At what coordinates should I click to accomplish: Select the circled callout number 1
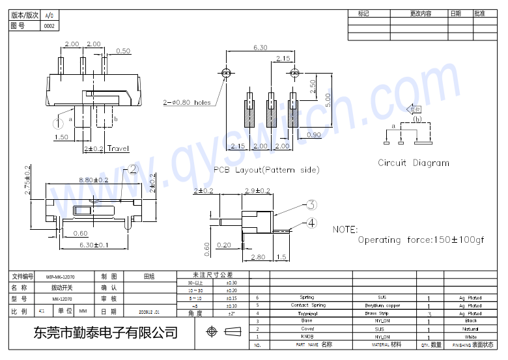(x=58, y=122)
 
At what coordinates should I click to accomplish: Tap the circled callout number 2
(x=133, y=169)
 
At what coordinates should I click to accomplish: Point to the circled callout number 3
(x=312, y=205)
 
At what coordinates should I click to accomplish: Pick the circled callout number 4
(x=312, y=223)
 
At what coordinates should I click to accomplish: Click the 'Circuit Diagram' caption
(x=414, y=163)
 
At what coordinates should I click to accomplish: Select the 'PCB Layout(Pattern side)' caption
(x=266, y=170)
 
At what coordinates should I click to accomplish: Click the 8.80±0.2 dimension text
(x=93, y=180)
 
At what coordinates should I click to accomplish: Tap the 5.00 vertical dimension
(x=328, y=99)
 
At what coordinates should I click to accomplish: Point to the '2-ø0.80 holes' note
(x=186, y=102)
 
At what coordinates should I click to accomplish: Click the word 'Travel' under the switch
(x=119, y=148)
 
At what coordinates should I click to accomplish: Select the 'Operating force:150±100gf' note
(x=421, y=240)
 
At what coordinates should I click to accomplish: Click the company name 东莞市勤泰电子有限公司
(x=106, y=333)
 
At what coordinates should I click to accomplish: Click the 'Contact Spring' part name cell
(x=308, y=305)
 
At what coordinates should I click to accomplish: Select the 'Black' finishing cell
(x=470, y=321)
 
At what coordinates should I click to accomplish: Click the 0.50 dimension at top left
(x=122, y=51)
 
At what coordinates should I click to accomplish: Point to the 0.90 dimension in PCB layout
(x=313, y=135)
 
